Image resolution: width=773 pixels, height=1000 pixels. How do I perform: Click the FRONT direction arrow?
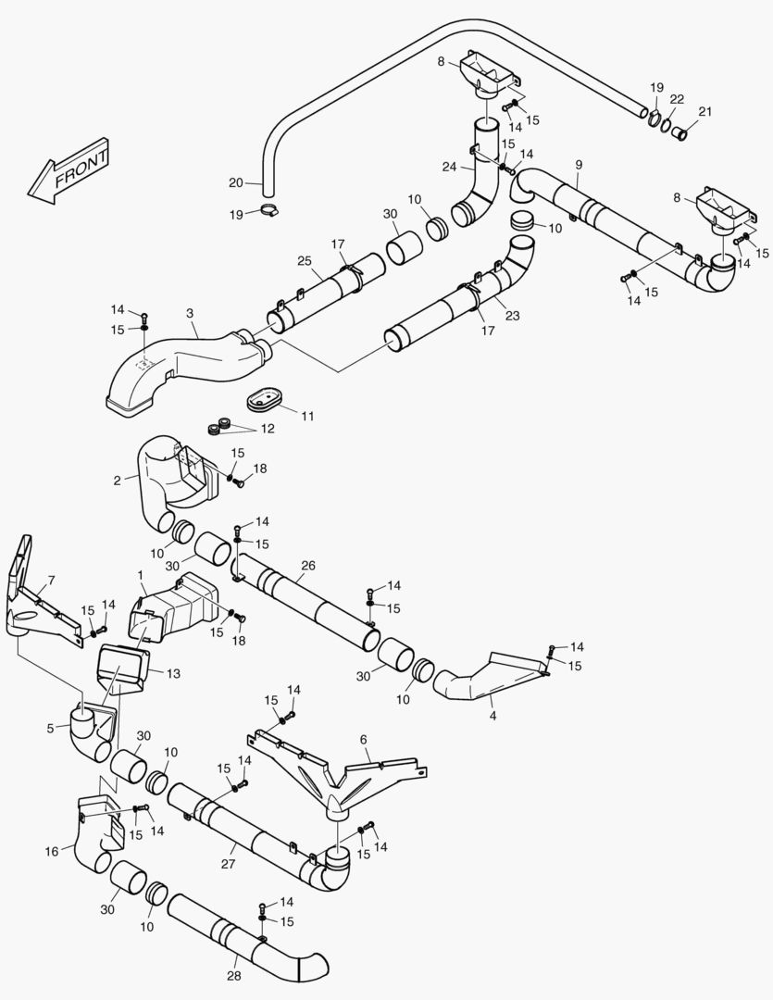(x=70, y=170)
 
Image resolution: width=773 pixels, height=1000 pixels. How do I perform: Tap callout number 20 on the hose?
(x=235, y=181)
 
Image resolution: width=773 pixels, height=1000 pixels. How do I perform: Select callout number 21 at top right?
(x=705, y=112)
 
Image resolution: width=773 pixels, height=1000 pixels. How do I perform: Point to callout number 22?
(x=677, y=99)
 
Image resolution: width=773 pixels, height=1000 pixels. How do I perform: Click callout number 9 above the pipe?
(x=579, y=164)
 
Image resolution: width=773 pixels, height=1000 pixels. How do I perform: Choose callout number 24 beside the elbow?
(x=449, y=168)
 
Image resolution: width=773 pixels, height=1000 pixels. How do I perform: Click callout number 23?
(x=512, y=316)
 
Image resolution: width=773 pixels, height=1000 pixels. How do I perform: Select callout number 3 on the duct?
(x=189, y=314)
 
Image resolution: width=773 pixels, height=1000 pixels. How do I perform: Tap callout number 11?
(x=308, y=416)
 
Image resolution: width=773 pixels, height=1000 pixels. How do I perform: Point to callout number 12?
(x=268, y=429)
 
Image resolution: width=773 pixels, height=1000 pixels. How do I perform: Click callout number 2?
(x=118, y=480)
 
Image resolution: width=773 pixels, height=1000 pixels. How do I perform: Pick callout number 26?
(x=308, y=566)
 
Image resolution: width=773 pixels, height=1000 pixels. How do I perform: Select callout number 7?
(x=51, y=581)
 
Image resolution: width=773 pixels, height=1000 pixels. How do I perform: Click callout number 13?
(x=173, y=673)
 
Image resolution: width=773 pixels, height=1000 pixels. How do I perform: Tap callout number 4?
(x=492, y=716)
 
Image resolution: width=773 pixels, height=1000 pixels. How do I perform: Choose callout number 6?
(x=364, y=739)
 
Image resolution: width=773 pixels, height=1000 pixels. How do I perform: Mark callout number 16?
(x=52, y=850)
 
